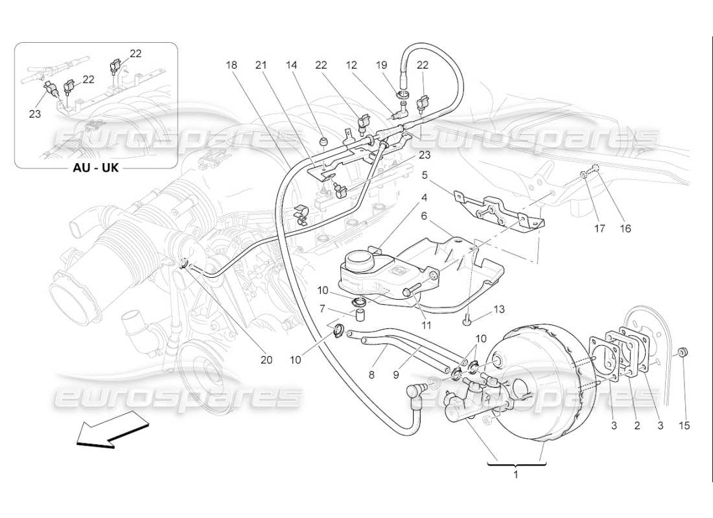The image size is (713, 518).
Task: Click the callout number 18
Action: (x=232, y=65)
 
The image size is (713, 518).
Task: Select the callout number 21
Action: (x=261, y=65)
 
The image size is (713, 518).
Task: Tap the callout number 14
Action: (x=291, y=65)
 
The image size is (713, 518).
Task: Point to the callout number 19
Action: (x=381, y=65)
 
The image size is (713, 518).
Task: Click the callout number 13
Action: (x=498, y=310)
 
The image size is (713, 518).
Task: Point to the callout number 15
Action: (x=684, y=425)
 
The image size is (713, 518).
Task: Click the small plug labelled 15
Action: (x=684, y=352)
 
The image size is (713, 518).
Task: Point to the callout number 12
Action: (x=351, y=65)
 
